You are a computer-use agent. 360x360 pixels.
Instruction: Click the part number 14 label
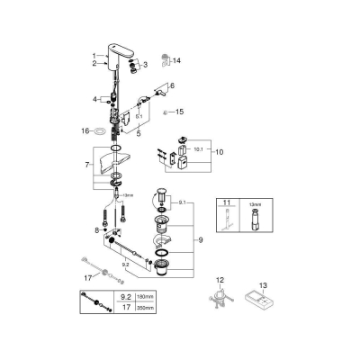coord(177,60)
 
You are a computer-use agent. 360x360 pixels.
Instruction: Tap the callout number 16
coord(86,131)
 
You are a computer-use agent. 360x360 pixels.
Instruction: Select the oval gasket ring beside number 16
coord(100,131)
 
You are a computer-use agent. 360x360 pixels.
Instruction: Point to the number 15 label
coord(178,112)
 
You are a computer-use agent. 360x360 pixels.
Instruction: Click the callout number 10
coord(216,152)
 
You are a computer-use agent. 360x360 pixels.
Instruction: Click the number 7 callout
coord(86,166)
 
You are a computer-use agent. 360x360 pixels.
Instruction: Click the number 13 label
coord(263,282)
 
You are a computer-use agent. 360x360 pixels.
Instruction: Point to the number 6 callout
coord(171,84)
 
